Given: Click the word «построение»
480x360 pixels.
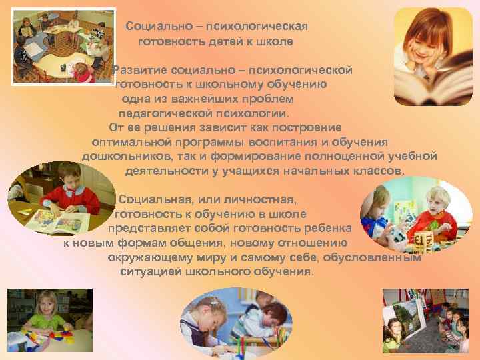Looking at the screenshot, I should (x=310, y=127).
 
